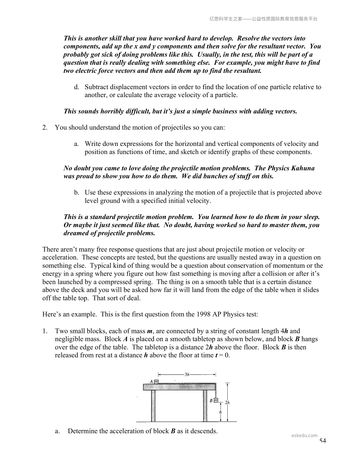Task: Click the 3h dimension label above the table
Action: click(x=187, y=375)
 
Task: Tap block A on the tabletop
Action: click(x=156, y=382)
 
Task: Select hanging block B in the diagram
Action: click(x=216, y=400)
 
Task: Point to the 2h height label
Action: click(x=227, y=402)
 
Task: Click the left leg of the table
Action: click(x=153, y=406)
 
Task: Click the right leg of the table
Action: click(x=205, y=406)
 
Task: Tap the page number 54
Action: click(x=323, y=440)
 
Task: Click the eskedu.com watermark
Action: click(x=304, y=435)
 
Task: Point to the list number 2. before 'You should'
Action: click(x=45, y=127)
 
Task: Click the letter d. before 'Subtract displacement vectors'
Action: click(x=76, y=87)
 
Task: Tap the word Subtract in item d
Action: click(x=96, y=87)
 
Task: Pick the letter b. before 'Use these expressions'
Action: click(x=76, y=193)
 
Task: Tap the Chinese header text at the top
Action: click(x=263, y=19)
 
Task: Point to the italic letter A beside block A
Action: click(x=151, y=382)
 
